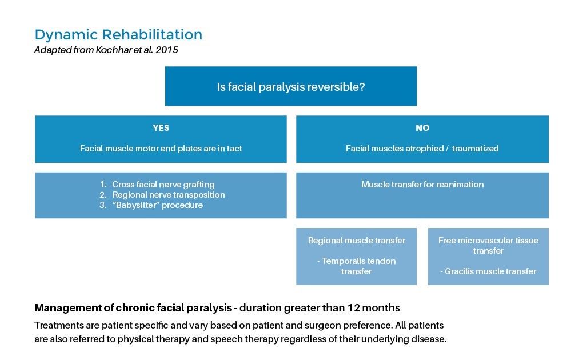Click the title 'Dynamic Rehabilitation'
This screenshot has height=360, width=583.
[118, 35]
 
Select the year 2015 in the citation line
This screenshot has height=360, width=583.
[167, 50]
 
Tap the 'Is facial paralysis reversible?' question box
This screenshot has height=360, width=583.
[290, 87]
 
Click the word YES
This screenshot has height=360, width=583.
[161, 128]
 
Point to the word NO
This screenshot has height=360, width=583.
[422, 128]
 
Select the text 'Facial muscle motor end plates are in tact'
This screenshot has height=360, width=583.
[161, 149]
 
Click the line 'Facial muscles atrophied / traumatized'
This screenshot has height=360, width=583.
[422, 149]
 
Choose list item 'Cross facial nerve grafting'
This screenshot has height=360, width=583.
[163, 185]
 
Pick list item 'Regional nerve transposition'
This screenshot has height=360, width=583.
[168, 195]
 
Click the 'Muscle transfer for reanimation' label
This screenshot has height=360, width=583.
[422, 185]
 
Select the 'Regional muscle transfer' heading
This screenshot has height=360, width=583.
[356, 241]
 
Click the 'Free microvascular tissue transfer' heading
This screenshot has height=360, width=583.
[488, 246]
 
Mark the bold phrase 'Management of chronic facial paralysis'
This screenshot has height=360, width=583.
[133, 308]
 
